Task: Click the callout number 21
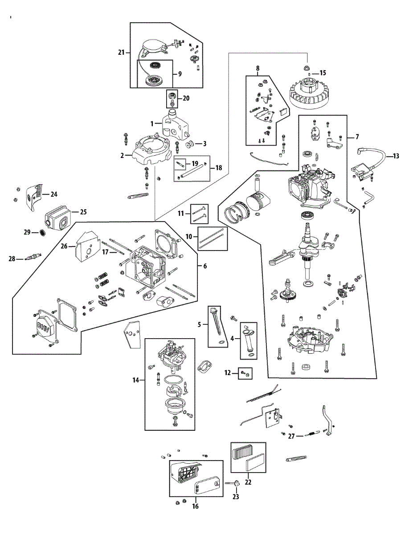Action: click(121, 53)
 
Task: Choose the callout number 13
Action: click(397, 156)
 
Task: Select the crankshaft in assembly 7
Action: click(307, 249)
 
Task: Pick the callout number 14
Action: click(135, 380)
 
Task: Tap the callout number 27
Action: click(291, 436)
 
